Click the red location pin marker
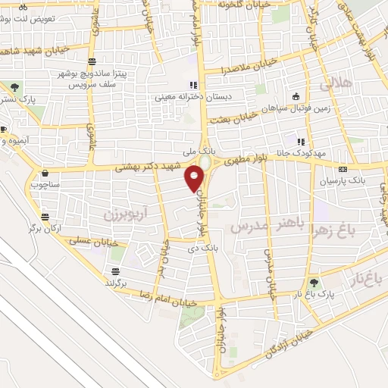click(194, 179)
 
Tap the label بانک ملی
click(203, 152)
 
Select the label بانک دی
click(205, 247)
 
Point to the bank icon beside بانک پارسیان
click(343, 169)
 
